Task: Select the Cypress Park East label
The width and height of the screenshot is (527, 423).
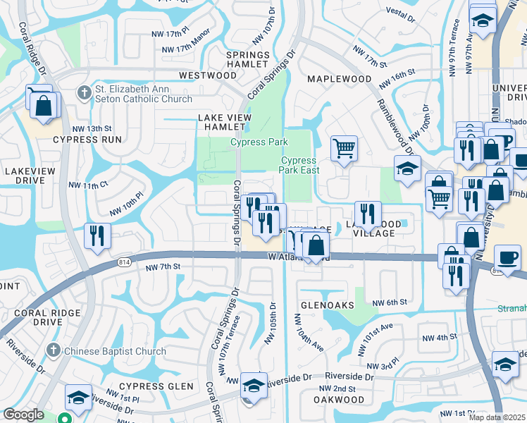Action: (299, 165)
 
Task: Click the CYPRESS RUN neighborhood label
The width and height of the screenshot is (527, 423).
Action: (87, 140)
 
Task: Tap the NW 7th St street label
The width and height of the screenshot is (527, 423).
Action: (163, 267)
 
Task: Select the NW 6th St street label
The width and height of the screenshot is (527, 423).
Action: (392, 302)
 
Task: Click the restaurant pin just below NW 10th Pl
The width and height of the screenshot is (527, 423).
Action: (97, 235)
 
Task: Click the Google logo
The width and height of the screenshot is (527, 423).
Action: (23, 415)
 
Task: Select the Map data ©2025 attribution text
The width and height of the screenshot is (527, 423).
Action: (497, 417)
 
